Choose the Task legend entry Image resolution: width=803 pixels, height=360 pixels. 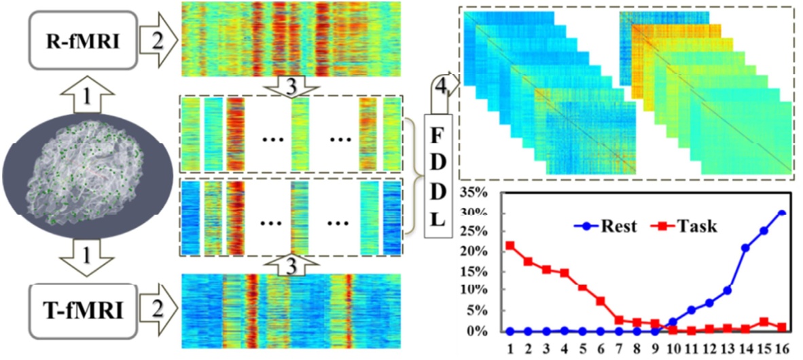(686, 226)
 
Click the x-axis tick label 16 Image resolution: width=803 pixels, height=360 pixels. (781, 347)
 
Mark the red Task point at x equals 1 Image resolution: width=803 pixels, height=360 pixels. (510, 246)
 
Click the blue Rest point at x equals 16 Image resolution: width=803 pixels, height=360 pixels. (781, 213)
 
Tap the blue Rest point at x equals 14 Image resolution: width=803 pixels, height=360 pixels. (745, 248)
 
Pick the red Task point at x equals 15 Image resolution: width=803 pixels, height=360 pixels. (764, 322)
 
